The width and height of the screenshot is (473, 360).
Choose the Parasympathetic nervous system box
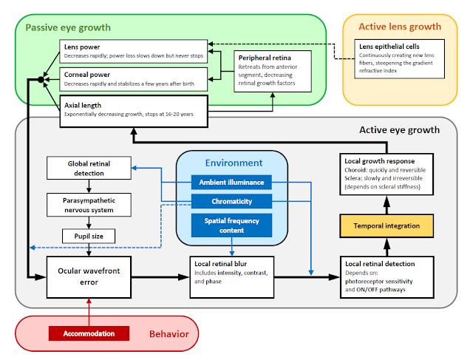tap(89, 205)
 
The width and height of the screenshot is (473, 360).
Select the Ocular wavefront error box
tap(89, 276)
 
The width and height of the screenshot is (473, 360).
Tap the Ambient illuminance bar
tap(231, 182)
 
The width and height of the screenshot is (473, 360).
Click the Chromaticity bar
tap(231, 202)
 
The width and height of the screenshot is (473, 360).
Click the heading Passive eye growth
tap(68, 28)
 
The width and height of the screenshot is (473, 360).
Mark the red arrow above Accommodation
tap(88, 310)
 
